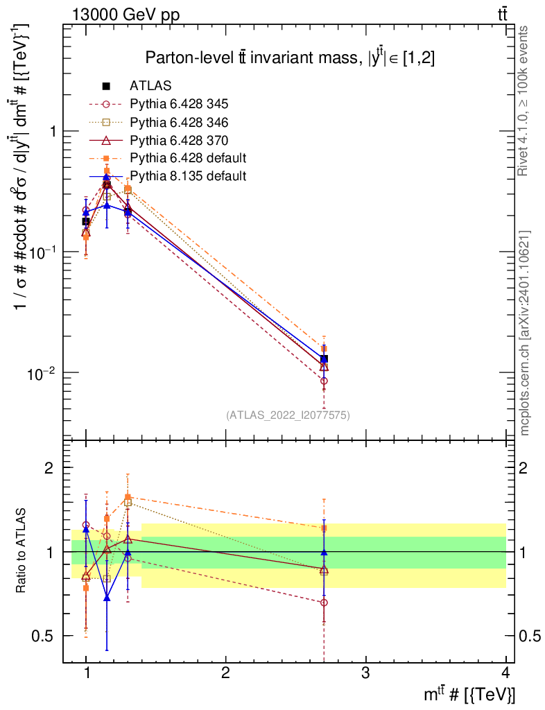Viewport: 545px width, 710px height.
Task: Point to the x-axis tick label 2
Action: tap(225, 673)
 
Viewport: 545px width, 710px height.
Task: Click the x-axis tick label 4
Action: tap(505, 673)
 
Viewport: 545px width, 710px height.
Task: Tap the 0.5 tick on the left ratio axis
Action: tap(42, 636)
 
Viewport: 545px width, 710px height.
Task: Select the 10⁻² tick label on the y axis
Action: tap(41, 373)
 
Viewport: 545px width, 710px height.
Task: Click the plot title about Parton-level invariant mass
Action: tap(290, 58)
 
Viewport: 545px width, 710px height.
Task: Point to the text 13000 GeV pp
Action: tap(126, 15)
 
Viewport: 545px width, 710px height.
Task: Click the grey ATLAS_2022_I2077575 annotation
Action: tap(288, 415)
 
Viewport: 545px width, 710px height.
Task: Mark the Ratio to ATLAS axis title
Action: tap(21, 551)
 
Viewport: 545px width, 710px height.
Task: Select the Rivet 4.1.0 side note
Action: tap(523, 101)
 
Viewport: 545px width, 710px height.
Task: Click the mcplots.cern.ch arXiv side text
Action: tap(524, 334)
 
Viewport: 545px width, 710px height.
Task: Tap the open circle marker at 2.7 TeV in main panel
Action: tap(324, 381)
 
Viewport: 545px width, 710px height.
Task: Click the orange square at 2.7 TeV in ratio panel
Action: tap(324, 528)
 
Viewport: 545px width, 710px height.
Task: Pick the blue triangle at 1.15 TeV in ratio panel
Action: tap(107, 598)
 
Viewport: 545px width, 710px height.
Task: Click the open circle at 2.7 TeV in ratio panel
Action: tap(324, 603)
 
